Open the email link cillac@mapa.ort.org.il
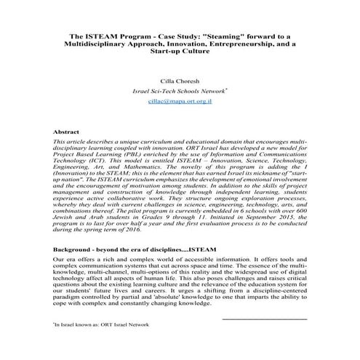[x=180, y=104]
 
